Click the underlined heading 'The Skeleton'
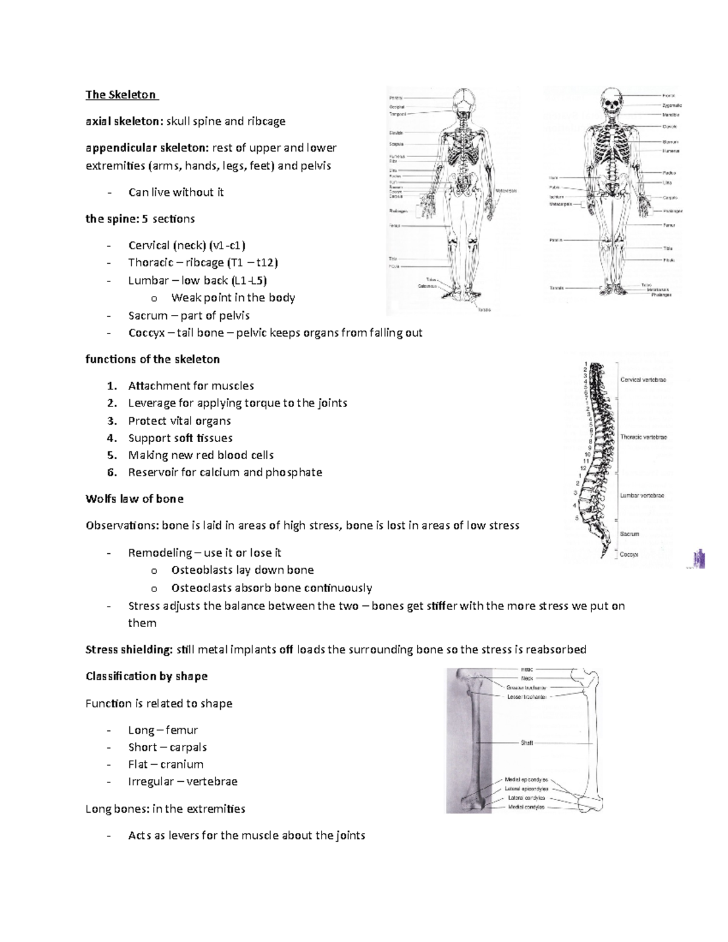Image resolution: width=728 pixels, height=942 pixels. click(121, 95)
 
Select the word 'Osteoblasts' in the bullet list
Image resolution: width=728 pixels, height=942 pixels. click(202, 570)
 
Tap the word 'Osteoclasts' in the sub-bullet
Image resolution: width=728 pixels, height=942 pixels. click(203, 588)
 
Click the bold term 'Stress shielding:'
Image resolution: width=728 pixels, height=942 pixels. click(129, 650)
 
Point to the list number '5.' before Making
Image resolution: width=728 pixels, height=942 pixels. click(111, 455)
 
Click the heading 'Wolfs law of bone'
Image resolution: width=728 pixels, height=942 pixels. click(134, 499)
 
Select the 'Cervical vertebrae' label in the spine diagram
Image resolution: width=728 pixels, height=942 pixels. click(643, 380)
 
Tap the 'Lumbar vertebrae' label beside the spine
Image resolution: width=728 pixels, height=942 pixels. click(642, 496)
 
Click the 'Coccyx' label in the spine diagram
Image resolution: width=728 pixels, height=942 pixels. click(629, 554)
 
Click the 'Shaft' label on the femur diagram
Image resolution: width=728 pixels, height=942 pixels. click(526, 742)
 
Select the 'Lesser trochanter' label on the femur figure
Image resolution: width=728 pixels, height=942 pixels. click(527, 697)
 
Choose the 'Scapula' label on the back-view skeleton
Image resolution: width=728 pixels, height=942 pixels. click(396, 144)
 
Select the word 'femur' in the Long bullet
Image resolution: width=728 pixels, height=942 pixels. click(181, 730)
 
